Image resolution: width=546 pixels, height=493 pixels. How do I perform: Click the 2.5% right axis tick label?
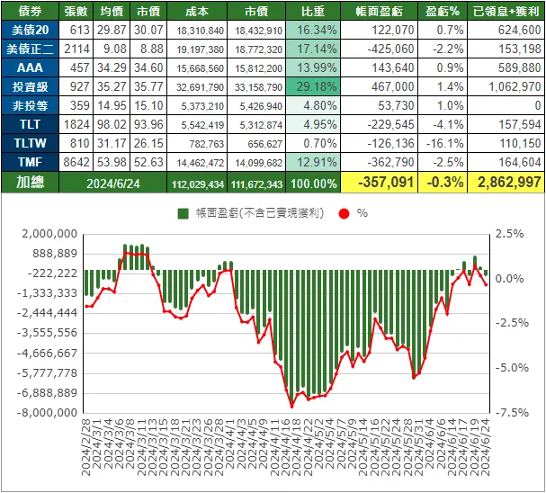509,234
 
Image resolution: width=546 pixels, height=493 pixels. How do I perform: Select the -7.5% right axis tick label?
509,413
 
